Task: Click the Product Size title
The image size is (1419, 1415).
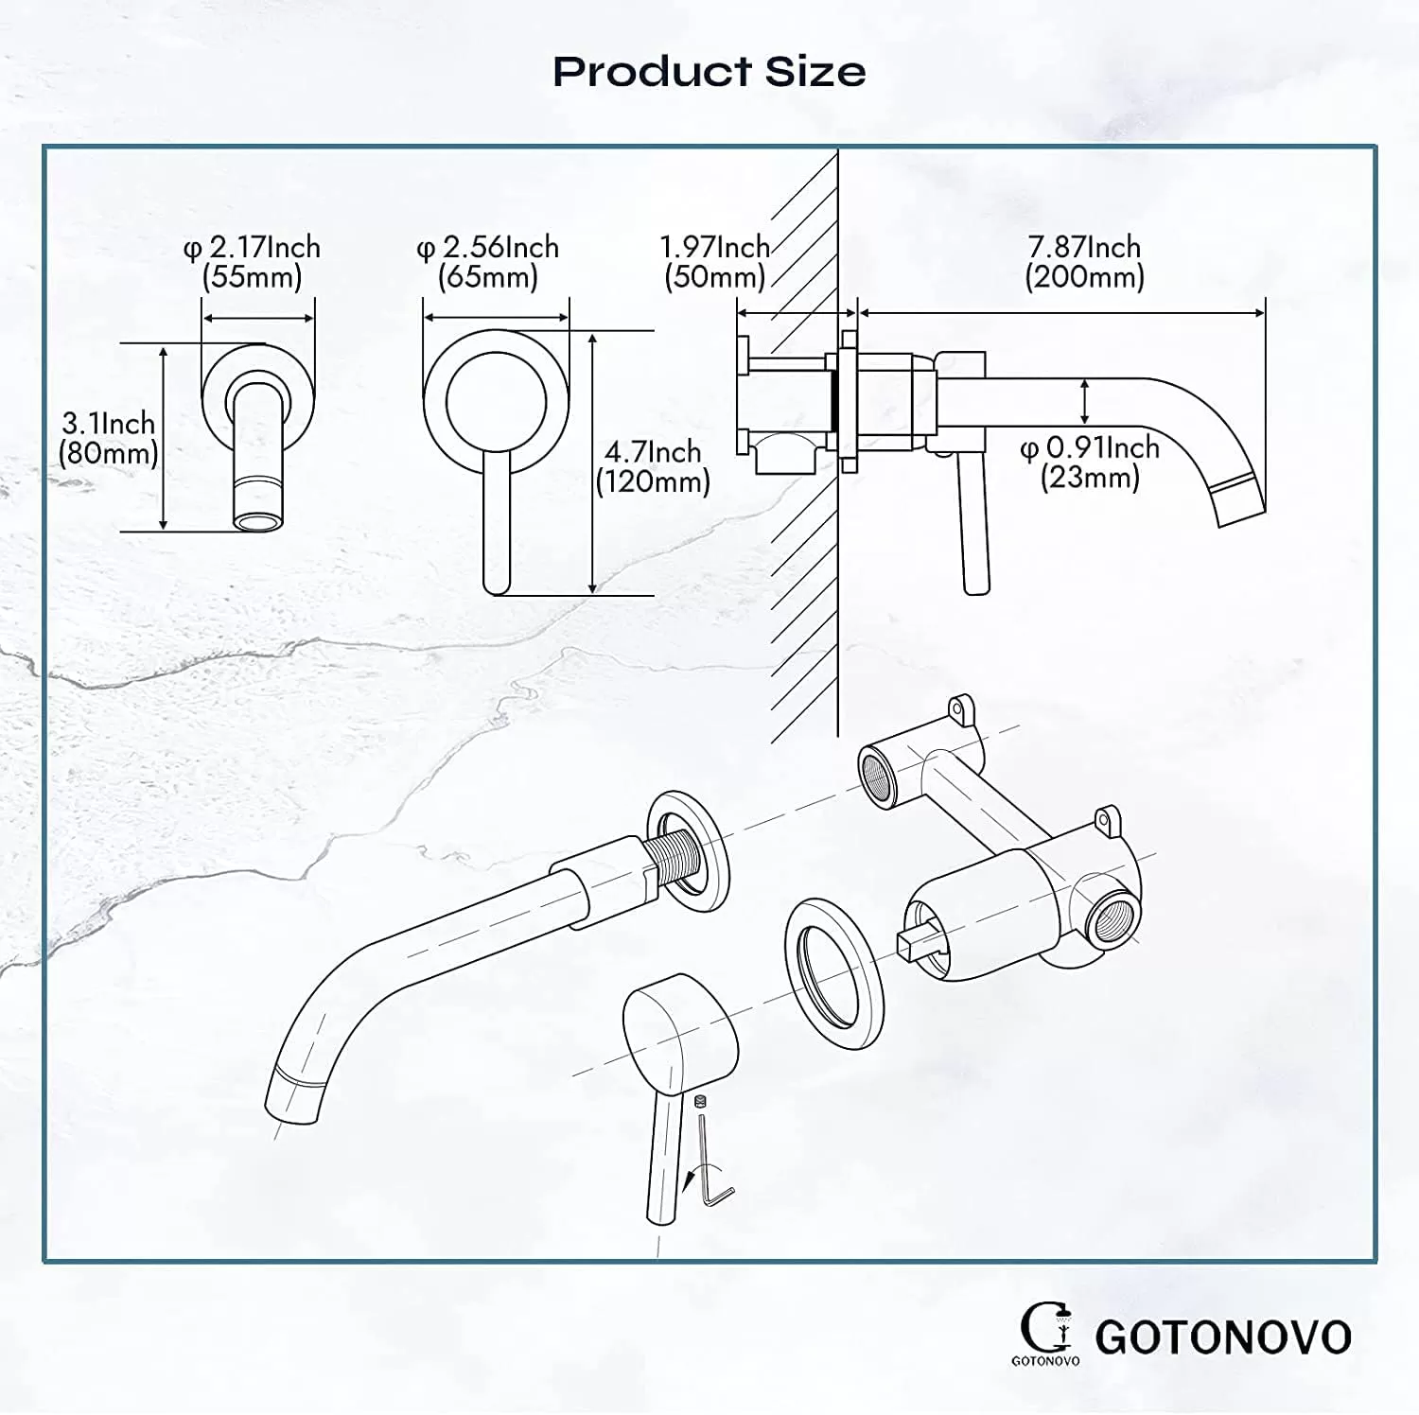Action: pyautogui.click(x=709, y=72)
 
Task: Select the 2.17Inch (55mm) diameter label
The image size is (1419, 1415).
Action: pyautogui.click(x=252, y=262)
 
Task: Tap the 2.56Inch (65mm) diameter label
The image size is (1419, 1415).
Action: pyautogui.click(x=488, y=262)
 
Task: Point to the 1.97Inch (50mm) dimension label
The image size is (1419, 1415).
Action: pyautogui.click(x=715, y=262)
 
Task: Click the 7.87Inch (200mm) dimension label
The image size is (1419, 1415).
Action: pyautogui.click(x=1085, y=262)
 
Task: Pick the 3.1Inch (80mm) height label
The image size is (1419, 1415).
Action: pyautogui.click(x=109, y=438)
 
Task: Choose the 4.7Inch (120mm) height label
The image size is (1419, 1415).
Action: pyautogui.click(x=653, y=466)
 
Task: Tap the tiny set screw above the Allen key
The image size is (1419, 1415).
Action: pyautogui.click(x=701, y=1102)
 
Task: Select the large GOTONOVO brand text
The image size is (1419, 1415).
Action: pyautogui.click(x=1223, y=1337)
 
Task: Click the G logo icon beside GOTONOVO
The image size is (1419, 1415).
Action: pyautogui.click(x=1045, y=1332)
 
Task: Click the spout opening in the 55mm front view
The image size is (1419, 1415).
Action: pyautogui.click(x=259, y=521)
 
